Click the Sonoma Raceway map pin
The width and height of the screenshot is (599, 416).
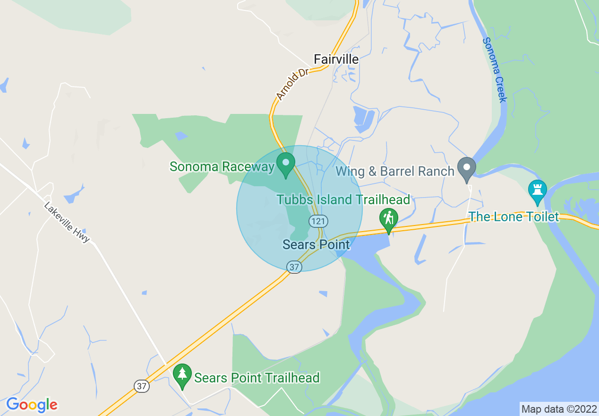pyautogui.click(x=285, y=164)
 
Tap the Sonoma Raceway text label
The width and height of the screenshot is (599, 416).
pyautogui.click(x=222, y=166)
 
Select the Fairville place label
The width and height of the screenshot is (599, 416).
pyautogui.click(x=336, y=59)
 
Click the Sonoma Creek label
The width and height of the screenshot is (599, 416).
pyautogui.click(x=495, y=70)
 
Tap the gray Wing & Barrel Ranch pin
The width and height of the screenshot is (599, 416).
pyautogui.click(x=467, y=169)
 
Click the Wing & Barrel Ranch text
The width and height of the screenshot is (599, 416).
pyautogui.click(x=395, y=171)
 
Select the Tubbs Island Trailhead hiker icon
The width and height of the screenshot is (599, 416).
pyautogui.click(x=388, y=219)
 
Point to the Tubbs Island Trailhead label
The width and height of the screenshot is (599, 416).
pyautogui.click(x=343, y=199)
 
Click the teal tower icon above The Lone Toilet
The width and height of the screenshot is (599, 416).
pyautogui.click(x=538, y=190)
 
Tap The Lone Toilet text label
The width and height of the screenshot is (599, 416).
pyautogui.click(x=513, y=217)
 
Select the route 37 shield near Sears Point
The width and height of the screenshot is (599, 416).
pyautogui.click(x=294, y=267)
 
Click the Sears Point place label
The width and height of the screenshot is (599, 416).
pyautogui.click(x=316, y=244)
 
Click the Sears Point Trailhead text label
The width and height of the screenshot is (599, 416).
pyautogui.click(x=257, y=378)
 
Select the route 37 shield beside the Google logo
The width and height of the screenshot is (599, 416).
pyautogui.click(x=141, y=386)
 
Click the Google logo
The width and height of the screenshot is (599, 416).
pyautogui.click(x=32, y=405)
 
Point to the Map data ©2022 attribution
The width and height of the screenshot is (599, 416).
pyautogui.click(x=559, y=409)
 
